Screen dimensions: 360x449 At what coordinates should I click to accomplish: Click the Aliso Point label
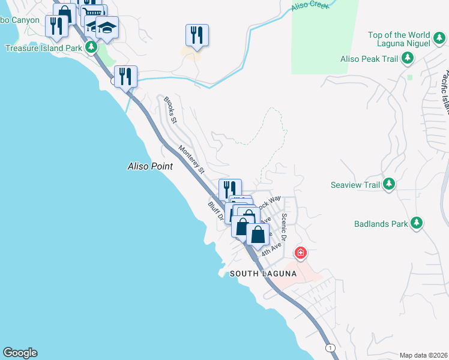150,166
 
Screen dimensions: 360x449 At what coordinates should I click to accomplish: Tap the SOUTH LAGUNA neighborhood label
264,274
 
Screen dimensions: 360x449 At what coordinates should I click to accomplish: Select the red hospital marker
301,253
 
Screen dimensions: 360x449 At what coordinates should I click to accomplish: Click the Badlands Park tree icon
416,224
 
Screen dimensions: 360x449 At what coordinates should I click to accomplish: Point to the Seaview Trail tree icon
389,184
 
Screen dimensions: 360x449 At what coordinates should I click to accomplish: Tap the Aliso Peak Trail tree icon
408,58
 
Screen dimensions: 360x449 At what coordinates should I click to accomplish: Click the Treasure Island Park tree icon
91,47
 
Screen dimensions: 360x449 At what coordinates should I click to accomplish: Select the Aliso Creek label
310,7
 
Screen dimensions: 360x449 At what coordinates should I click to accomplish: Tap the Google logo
20,353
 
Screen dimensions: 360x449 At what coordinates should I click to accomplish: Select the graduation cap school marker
107,28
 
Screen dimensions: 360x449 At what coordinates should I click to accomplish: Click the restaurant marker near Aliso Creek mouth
125,76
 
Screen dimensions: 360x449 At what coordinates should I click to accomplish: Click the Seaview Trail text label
355,185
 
